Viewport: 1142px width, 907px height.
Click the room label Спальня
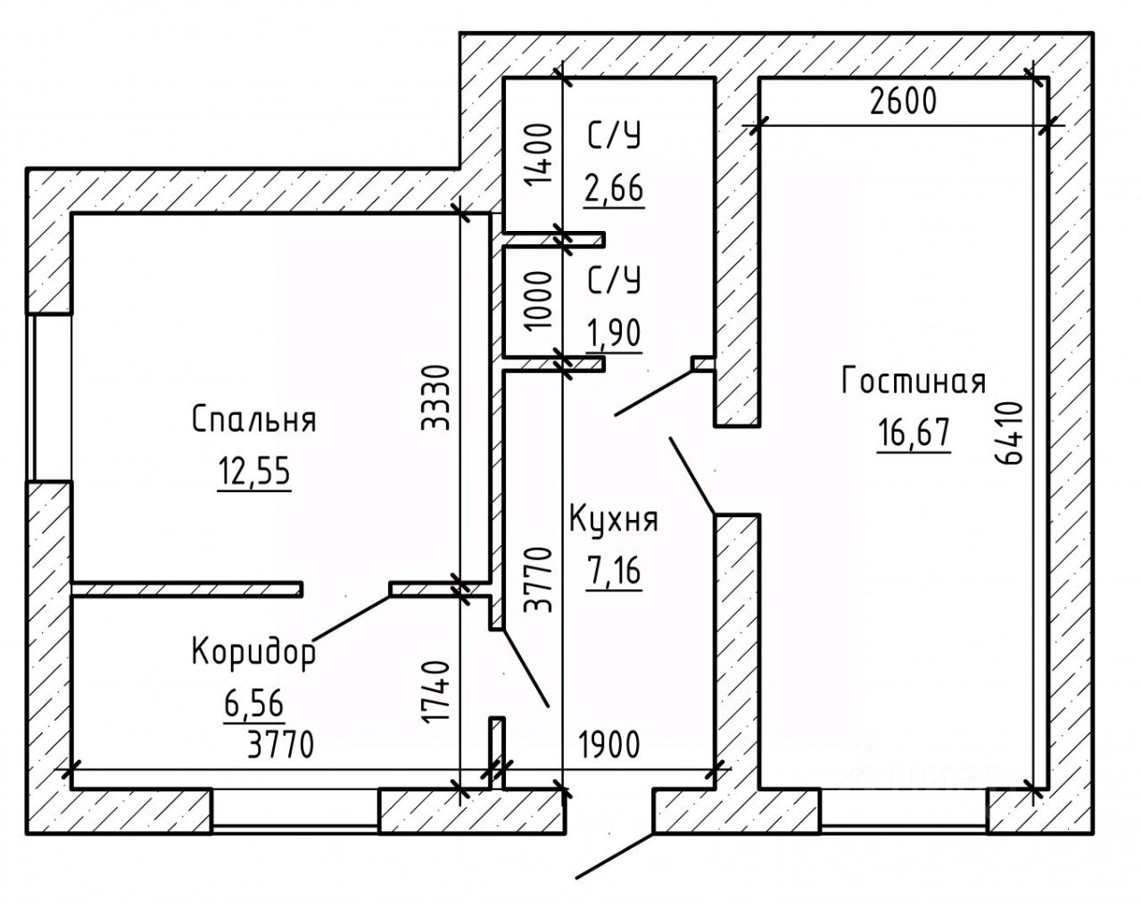point(254,419)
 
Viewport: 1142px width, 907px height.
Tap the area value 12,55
point(254,471)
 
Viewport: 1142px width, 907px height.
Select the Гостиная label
point(913,382)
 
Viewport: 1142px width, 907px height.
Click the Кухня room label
point(614,519)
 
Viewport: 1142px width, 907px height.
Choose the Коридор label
point(254,653)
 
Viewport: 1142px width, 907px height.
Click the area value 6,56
point(253,704)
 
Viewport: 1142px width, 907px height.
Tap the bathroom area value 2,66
point(614,188)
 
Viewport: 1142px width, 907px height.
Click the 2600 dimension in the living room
point(903,102)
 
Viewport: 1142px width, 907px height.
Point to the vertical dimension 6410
point(1008,433)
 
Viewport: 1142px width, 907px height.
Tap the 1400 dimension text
point(540,155)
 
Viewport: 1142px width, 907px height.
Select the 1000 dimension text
point(540,301)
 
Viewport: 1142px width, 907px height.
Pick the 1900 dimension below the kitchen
point(609,746)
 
